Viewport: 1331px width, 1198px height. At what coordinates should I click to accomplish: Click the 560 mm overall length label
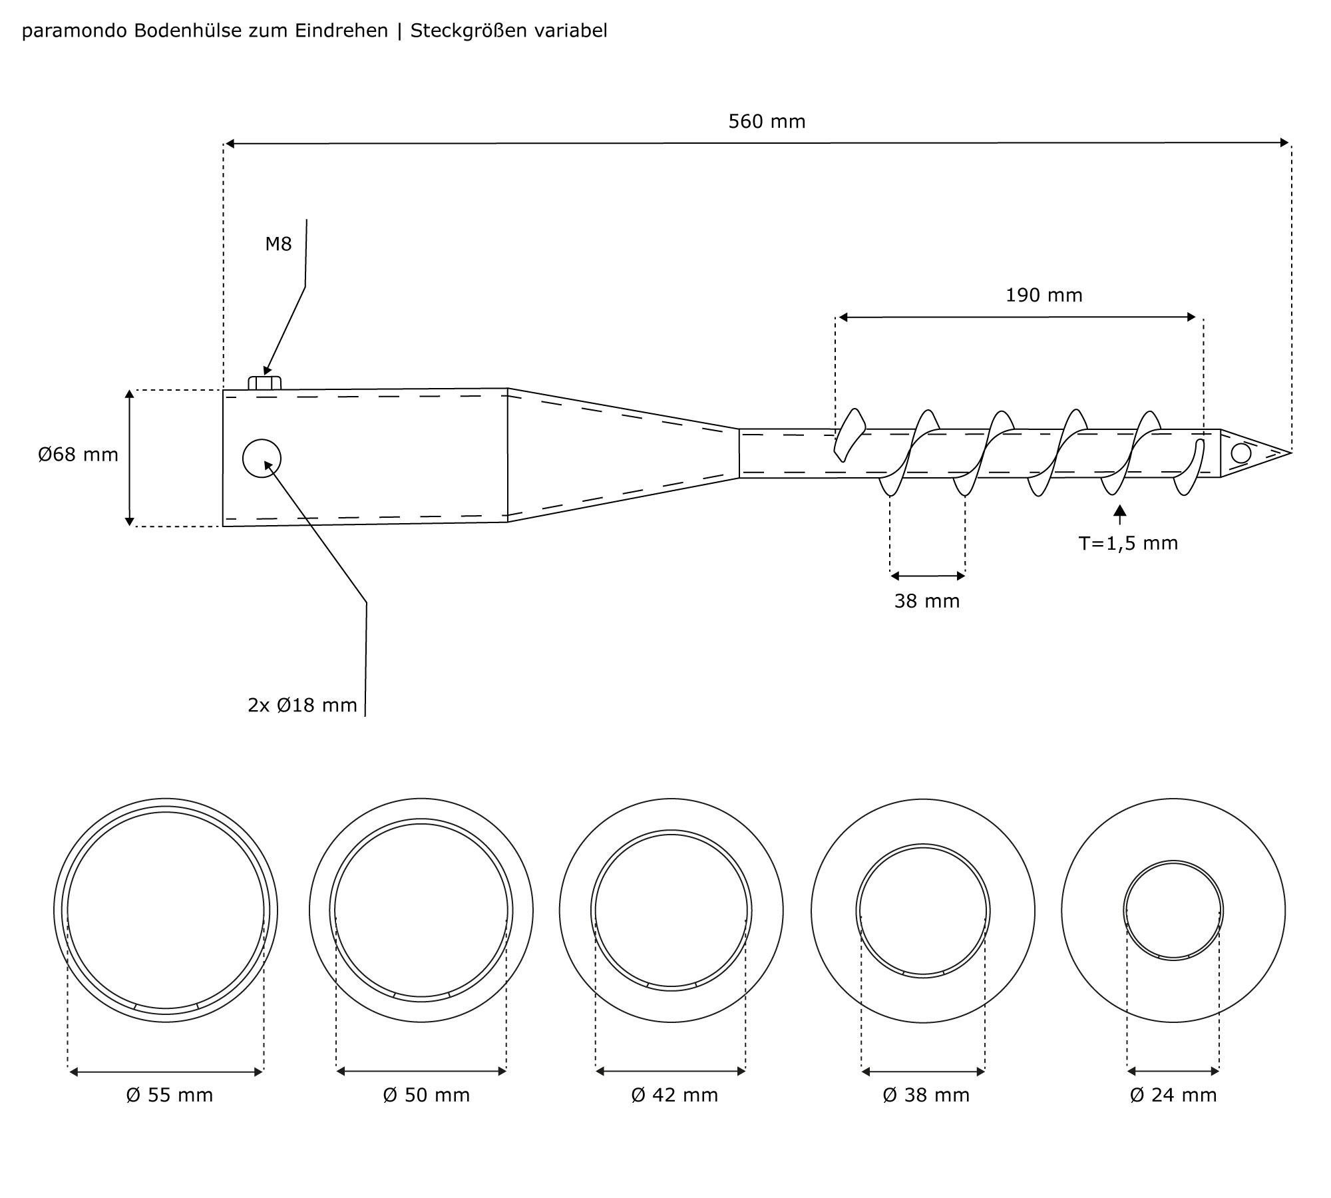[767, 122]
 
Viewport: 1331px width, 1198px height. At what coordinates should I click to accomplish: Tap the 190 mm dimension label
[1044, 296]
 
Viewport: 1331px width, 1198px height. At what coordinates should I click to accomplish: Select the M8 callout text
[278, 244]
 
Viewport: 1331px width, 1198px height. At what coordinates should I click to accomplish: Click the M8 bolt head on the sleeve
[265, 383]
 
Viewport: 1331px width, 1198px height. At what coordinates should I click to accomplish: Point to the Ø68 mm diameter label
[78, 455]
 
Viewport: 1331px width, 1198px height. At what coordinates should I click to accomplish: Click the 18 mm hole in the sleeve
[262, 458]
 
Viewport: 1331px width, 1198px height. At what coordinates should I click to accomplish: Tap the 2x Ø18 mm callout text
[302, 705]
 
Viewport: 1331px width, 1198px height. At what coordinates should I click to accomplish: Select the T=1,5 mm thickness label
[1128, 544]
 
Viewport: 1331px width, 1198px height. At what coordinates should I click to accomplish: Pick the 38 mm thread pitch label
[927, 602]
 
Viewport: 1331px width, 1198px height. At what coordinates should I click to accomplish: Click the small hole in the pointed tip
[1240, 453]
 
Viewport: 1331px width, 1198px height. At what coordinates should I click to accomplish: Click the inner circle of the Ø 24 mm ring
[1173, 910]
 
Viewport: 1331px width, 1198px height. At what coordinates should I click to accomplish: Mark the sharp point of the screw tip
[1290, 453]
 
